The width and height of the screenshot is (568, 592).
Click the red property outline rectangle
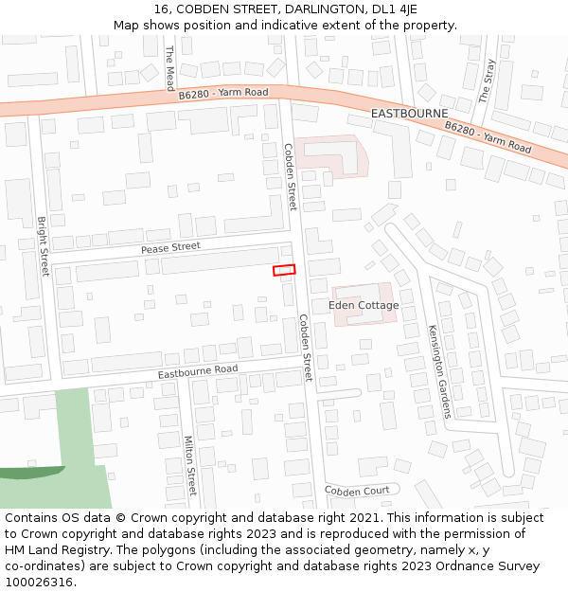[x=284, y=270]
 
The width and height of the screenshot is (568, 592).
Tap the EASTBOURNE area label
[x=409, y=113]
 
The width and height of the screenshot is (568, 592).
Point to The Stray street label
[x=487, y=81]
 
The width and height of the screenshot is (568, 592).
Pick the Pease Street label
[x=170, y=247]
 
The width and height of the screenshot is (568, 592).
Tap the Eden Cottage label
[x=364, y=305]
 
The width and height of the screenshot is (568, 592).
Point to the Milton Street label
[x=189, y=465]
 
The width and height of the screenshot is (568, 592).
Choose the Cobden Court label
[x=357, y=491]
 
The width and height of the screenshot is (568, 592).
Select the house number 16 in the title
[x=161, y=9]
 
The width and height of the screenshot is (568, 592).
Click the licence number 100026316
[x=39, y=583]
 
